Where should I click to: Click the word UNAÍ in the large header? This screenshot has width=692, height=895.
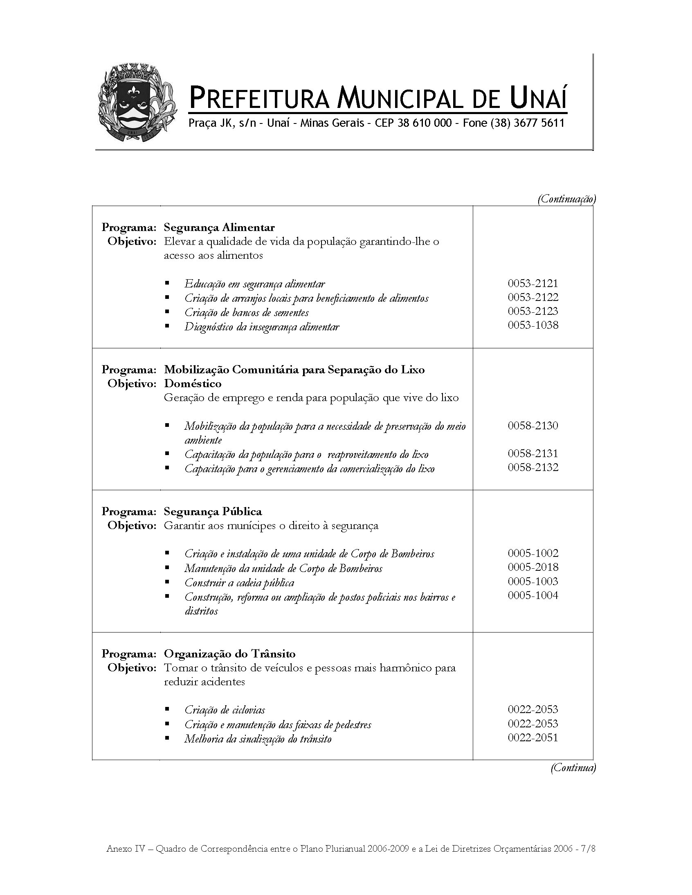[539, 99]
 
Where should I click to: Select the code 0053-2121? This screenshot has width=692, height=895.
[532, 283]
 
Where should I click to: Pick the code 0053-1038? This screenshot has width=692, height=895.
[532, 325]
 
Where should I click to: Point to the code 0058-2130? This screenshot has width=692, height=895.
[532, 425]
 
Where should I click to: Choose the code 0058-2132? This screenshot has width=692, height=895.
[532, 468]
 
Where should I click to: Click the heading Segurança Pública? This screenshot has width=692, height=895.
[213, 511]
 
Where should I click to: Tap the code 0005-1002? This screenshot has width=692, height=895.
[532, 553]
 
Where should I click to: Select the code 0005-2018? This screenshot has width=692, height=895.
[532, 567]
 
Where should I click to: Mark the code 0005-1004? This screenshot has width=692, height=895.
[532, 595]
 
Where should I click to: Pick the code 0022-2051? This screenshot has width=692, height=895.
[532, 738]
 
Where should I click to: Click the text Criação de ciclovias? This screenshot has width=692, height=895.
[225, 710]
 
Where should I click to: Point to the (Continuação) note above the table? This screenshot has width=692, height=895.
[566, 199]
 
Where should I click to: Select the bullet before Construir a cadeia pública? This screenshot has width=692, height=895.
[167, 582]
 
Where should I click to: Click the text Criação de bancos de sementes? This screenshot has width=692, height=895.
[246, 312]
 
